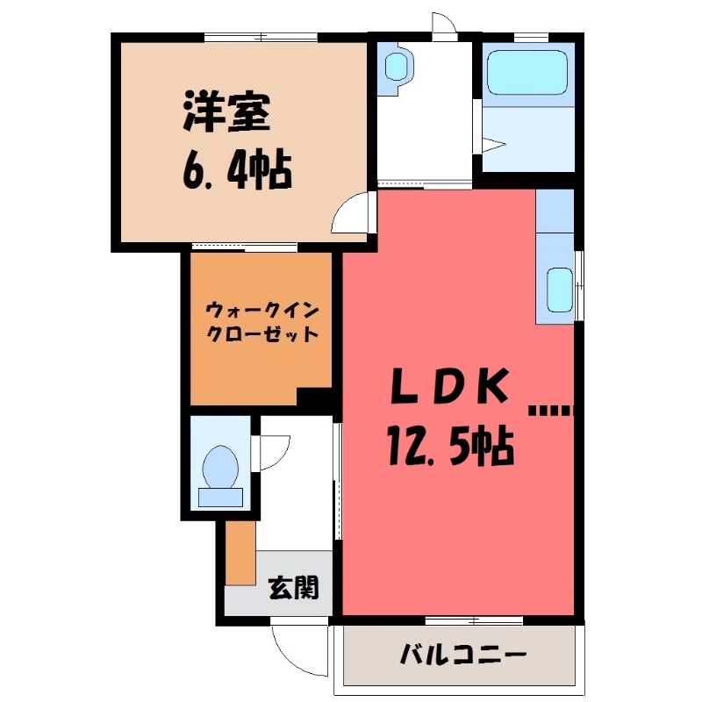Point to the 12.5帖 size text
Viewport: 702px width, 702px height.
coord(448,447)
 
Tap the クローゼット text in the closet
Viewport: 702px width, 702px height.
coord(261,334)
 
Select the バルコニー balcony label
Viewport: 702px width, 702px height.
coord(462,655)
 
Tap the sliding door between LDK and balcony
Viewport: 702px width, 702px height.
coord(474,620)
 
